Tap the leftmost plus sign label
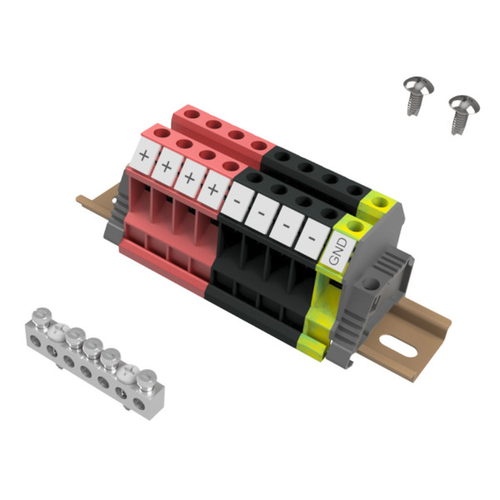(x=144, y=156)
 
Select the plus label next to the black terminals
(x=213, y=189)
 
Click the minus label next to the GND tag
(x=312, y=238)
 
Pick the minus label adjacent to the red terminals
(x=237, y=201)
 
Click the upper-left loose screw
(x=417, y=94)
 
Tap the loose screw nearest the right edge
(x=463, y=113)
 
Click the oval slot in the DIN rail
(x=398, y=346)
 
